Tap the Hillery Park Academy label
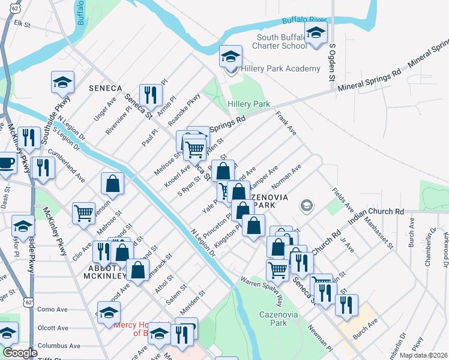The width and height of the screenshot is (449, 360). pyautogui.click(x=280, y=69)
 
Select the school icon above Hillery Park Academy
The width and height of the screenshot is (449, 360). pyautogui.click(x=229, y=58)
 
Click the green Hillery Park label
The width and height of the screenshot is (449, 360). pyautogui.click(x=249, y=104)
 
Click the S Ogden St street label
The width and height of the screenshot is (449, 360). pyautogui.click(x=330, y=62)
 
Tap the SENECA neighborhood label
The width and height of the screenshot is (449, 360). pyautogui.click(x=105, y=88)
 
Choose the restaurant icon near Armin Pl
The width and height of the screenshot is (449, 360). pyautogui.click(x=150, y=95)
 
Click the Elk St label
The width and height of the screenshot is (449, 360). pyautogui.click(x=22, y=25)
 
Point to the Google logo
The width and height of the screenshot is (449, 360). pyautogui.click(x=20, y=353)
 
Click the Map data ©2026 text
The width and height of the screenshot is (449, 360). pyautogui.click(x=423, y=355)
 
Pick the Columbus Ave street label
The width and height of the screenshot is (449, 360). pyautogui.click(x=58, y=346)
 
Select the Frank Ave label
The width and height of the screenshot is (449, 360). pyautogui.click(x=286, y=122)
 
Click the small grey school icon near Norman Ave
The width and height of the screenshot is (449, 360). pyautogui.click(x=306, y=206)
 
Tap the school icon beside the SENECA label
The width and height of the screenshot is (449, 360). pyautogui.click(x=61, y=83)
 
